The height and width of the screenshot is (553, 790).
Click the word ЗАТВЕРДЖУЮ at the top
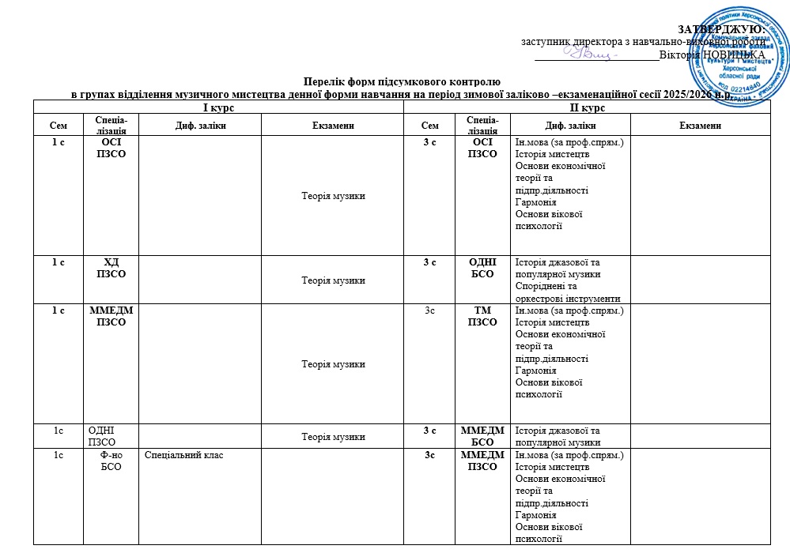click(722, 29)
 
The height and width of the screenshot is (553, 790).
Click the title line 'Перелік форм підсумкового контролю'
click(402, 81)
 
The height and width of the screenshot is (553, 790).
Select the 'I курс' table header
click(218, 107)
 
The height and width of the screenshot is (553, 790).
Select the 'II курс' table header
click(588, 107)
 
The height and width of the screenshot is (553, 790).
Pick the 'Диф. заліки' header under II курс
click(571, 125)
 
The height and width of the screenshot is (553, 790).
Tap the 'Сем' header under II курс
click(430, 125)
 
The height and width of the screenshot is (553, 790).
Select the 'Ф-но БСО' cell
click(112, 461)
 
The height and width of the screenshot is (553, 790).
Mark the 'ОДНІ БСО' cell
click(482, 268)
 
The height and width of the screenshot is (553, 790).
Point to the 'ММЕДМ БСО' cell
click(482, 436)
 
